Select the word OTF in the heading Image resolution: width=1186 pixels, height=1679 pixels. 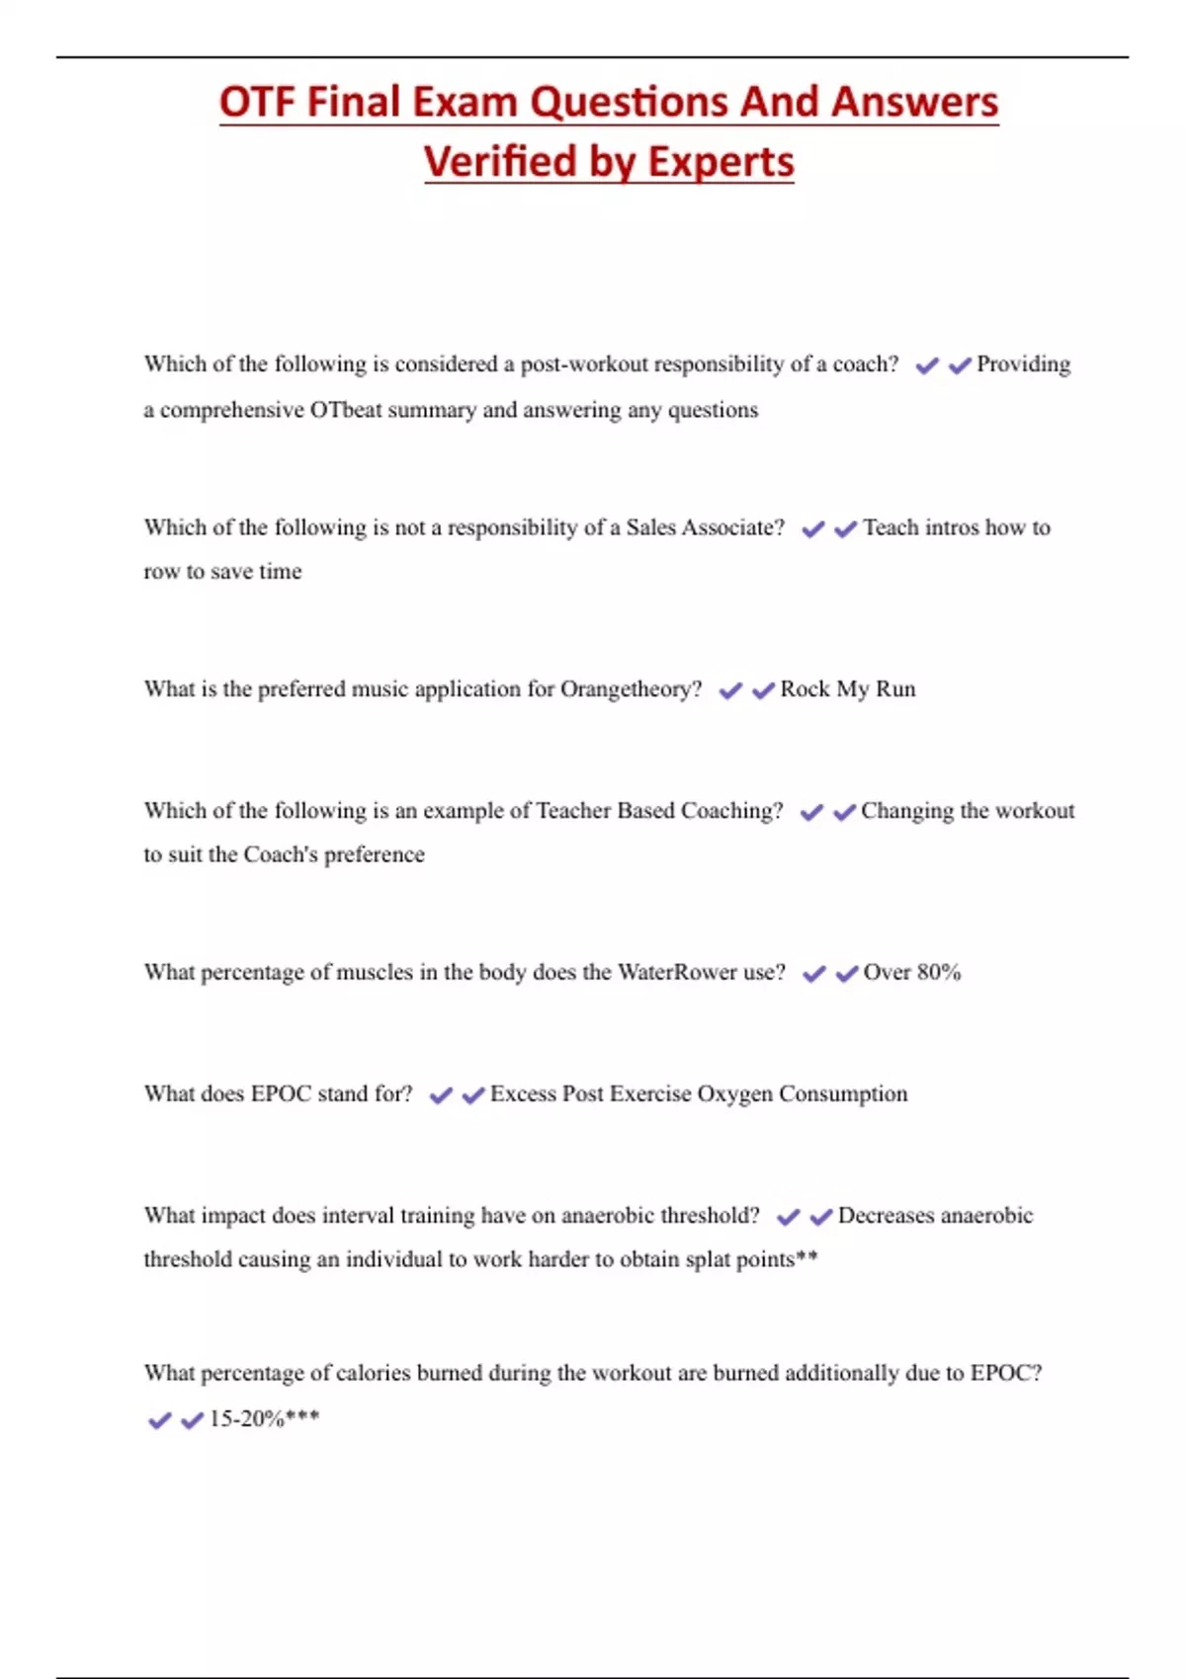pyautogui.click(x=258, y=102)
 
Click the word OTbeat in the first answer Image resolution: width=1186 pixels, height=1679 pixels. pyautogui.click(x=346, y=410)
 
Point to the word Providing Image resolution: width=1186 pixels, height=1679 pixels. pyautogui.click(x=1023, y=364)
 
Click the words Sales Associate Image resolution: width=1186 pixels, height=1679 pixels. pyautogui.click(x=705, y=527)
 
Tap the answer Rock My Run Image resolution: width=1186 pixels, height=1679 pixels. pyautogui.click(x=848, y=689)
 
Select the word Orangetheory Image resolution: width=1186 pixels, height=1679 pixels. pyautogui.click(x=631, y=689)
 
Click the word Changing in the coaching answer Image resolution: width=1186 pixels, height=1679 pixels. pyautogui.click(x=907, y=811)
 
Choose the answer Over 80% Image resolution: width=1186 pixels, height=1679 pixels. pyautogui.click(x=911, y=973)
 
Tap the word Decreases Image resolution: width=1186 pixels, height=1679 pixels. pyautogui.click(x=884, y=1216)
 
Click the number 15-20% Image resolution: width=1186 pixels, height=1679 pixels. pyautogui.click(x=246, y=1419)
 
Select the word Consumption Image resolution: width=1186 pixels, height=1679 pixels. pyautogui.click(x=843, y=1094)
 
